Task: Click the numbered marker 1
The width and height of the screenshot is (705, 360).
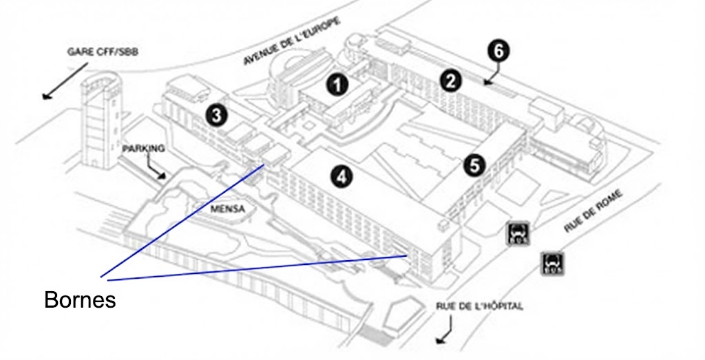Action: [337, 85]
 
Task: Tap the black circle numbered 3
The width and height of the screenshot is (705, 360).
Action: [217, 116]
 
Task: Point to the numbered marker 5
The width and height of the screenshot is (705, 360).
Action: [474, 165]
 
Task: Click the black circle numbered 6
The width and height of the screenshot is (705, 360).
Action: [499, 50]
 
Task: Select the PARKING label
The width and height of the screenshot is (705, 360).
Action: [143, 148]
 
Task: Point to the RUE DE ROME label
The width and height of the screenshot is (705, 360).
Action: [593, 212]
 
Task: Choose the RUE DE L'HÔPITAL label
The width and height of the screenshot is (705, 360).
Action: [479, 306]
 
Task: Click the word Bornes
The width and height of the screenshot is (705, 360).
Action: [80, 300]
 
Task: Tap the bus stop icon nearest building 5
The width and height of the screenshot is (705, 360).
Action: [518, 234]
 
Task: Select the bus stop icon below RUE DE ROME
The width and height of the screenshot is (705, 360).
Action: [553, 262]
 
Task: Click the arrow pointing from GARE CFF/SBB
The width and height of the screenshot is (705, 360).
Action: [65, 80]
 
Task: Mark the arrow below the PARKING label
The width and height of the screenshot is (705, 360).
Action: [158, 169]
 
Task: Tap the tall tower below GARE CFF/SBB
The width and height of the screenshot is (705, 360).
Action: [99, 124]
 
